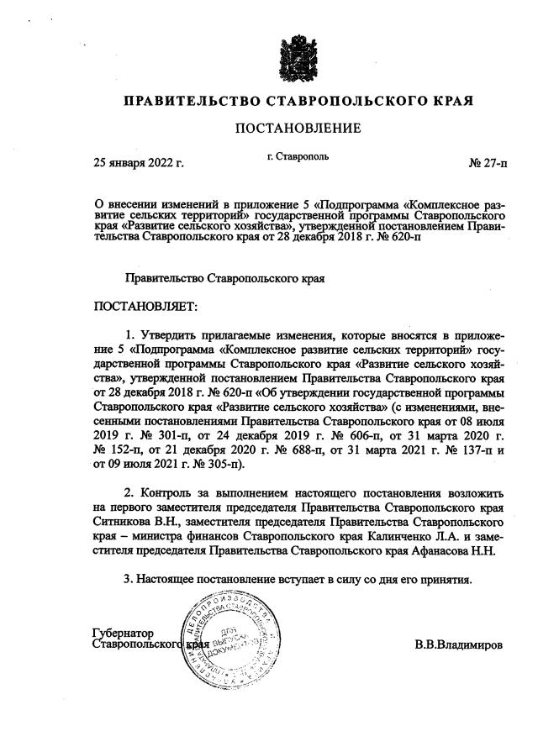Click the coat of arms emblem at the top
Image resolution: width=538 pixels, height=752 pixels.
[x=298, y=58]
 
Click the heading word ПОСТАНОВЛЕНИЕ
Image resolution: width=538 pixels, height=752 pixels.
[x=298, y=128]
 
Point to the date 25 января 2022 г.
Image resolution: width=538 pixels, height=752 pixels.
[x=140, y=162]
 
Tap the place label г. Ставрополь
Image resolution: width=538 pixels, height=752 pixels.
[x=298, y=156]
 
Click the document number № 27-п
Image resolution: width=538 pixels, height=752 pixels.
[x=488, y=162]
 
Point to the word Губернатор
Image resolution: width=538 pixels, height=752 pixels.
[x=129, y=633]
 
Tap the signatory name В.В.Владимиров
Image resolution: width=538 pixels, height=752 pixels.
[x=458, y=645]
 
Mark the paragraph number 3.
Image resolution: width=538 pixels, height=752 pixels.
[x=127, y=579]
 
